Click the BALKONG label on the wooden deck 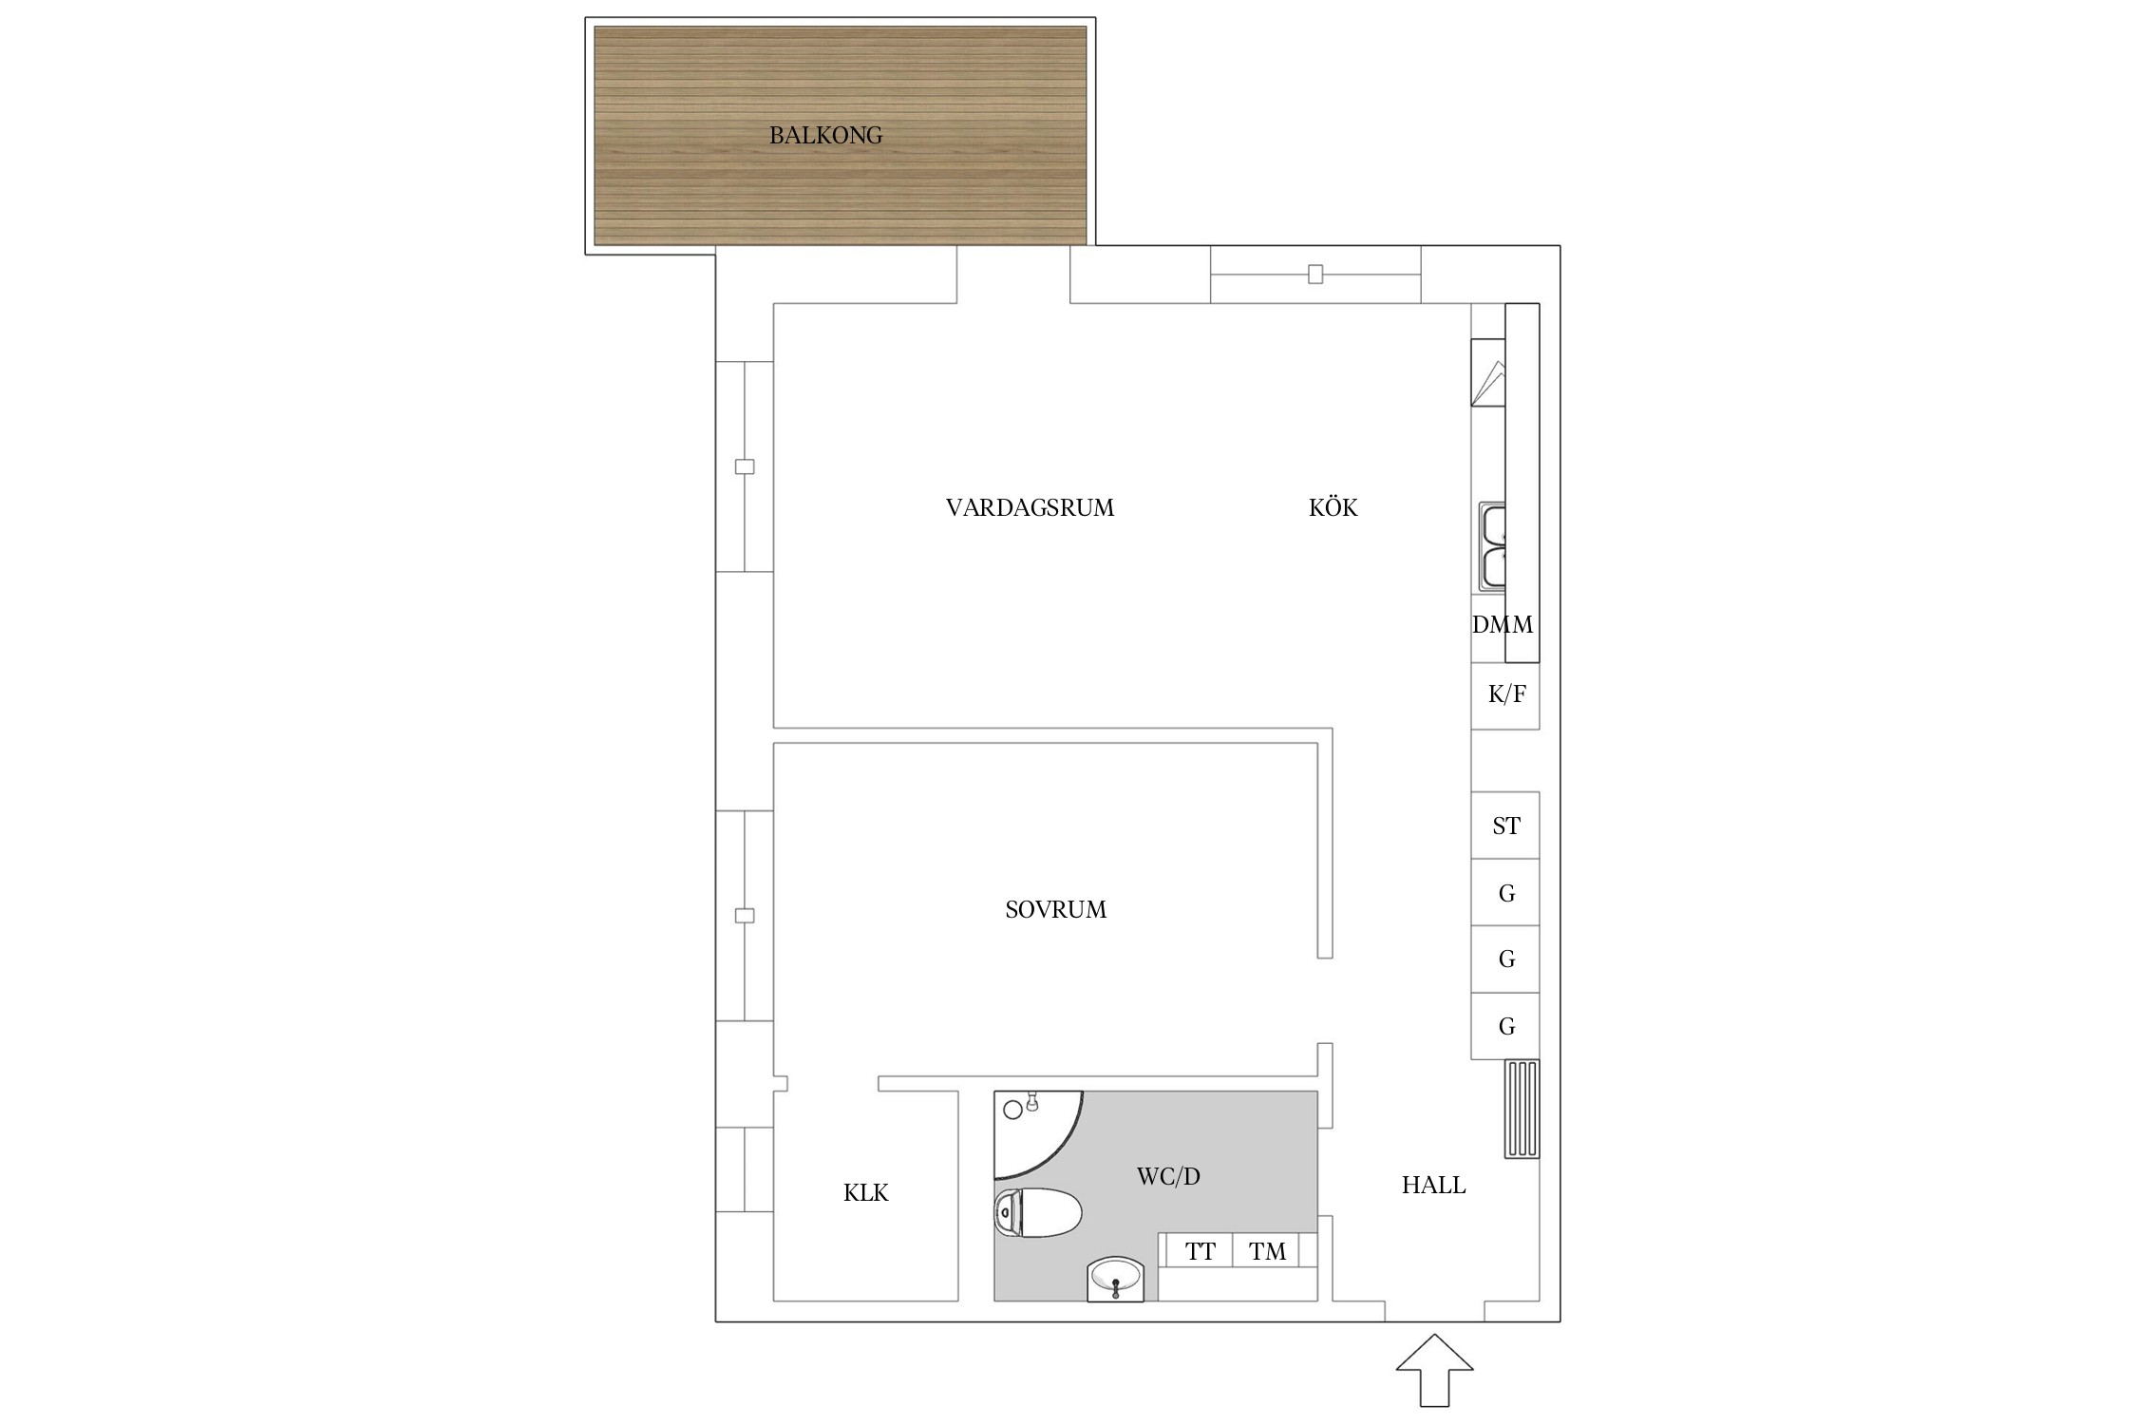[825, 136]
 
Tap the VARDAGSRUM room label [1030, 508]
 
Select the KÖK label [1333, 507]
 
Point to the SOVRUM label [1055, 910]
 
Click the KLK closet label [865, 1193]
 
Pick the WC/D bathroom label [1168, 1177]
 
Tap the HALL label [1433, 1186]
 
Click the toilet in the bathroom [1037, 1213]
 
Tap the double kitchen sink [1492, 547]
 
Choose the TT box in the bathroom [1200, 1251]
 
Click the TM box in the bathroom [1266, 1251]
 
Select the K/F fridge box [1505, 695]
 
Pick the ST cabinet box [1505, 826]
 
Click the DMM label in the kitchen [1502, 625]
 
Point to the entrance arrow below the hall [1434, 1370]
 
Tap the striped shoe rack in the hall [1522, 1109]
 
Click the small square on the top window [1315, 275]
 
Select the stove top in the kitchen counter [1488, 372]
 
